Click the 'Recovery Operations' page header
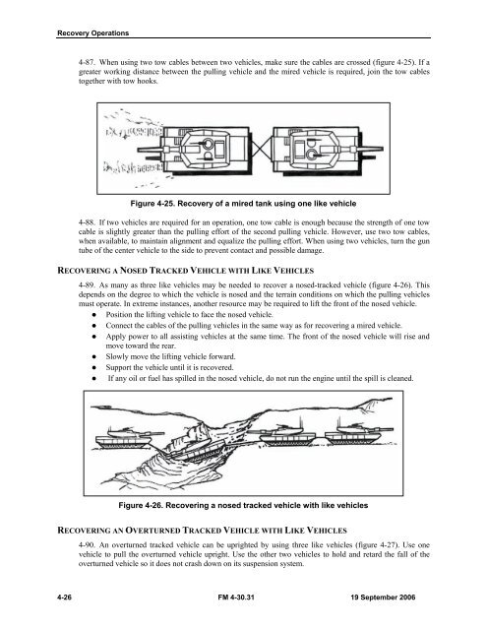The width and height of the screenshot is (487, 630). [92, 32]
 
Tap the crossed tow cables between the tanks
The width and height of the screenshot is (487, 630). [261, 149]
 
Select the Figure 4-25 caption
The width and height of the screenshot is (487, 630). [243, 204]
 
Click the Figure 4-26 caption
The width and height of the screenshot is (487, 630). [243, 505]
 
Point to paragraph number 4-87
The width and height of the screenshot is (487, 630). [86, 62]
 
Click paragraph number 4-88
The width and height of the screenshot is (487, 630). [86, 222]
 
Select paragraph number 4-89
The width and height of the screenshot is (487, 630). [86, 285]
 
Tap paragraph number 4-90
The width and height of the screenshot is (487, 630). [86, 544]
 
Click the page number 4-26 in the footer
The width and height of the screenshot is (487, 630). [64, 598]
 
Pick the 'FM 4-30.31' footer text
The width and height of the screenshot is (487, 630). [236, 598]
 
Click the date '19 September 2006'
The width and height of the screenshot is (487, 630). [383, 598]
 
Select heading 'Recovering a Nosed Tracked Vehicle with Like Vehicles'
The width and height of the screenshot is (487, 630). [186, 271]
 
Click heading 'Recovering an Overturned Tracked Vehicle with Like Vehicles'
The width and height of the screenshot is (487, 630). [202, 531]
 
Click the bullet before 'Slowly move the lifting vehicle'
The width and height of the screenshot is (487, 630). [93, 356]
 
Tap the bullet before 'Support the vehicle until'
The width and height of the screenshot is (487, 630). [93, 367]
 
